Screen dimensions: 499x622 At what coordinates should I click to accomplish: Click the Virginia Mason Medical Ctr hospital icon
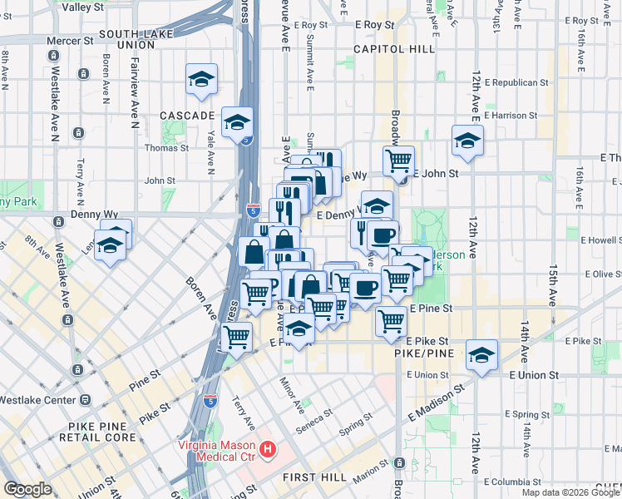pos(268,451)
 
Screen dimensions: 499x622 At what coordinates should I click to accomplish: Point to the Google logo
pos(27,489)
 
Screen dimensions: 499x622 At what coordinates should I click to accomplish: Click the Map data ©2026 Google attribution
pos(570,492)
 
